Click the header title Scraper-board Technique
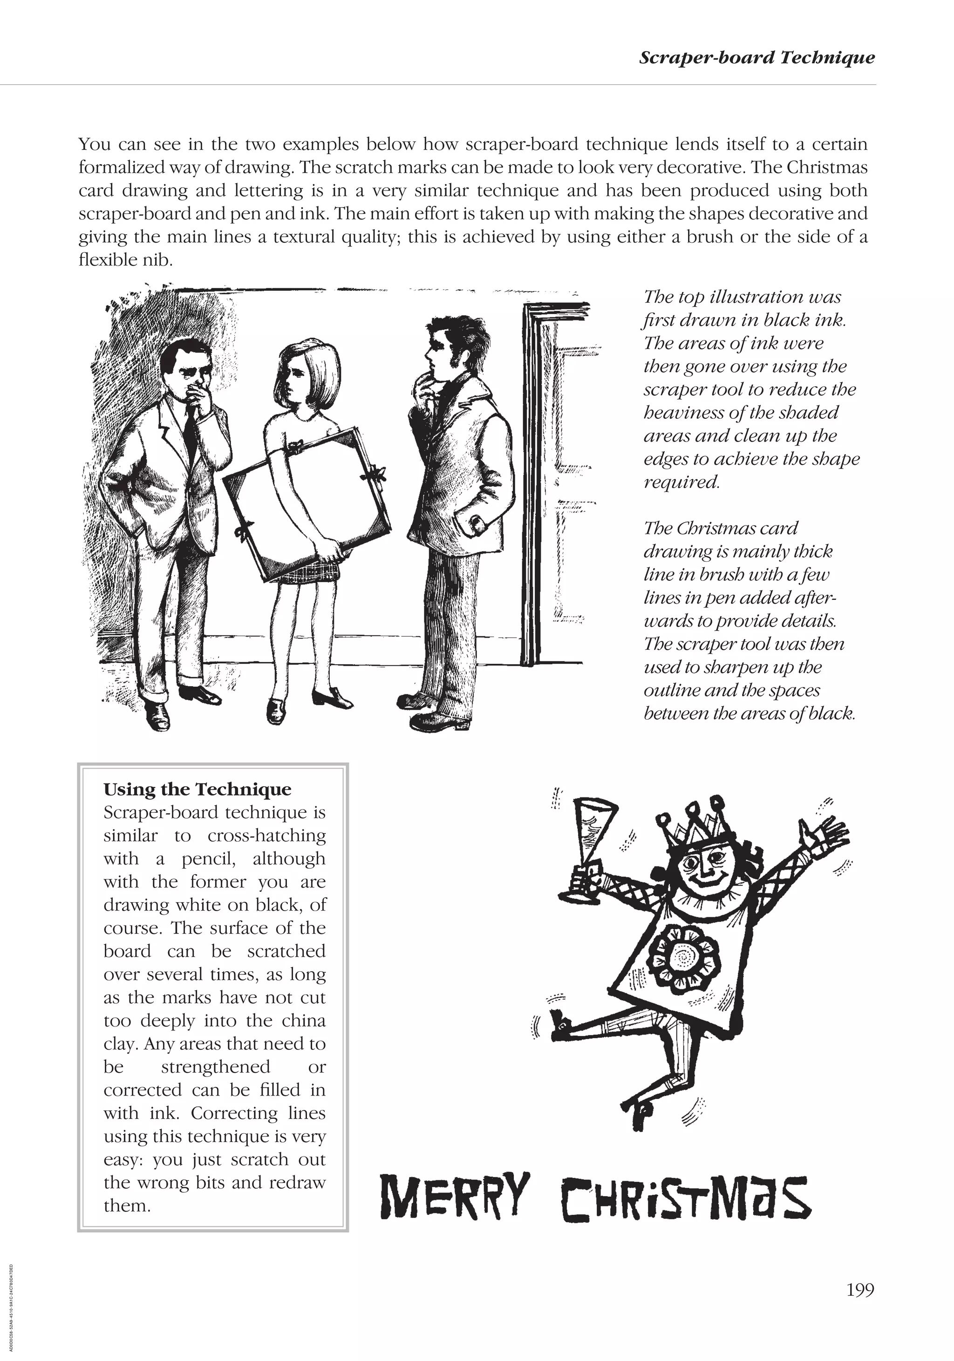tap(756, 58)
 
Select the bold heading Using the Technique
tap(198, 789)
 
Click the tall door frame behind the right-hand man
tap(530, 486)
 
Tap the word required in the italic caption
tap(681, 482)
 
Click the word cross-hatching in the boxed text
tap(267, 836)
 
